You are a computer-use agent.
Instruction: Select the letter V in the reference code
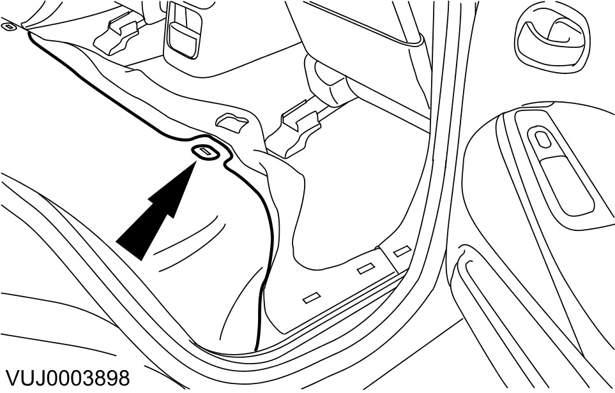9,377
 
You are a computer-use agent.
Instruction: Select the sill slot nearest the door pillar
402,251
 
